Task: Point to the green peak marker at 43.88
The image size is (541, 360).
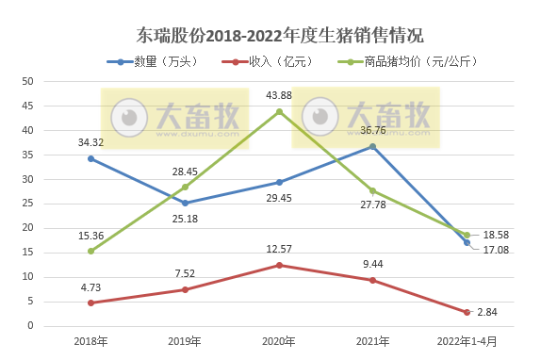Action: (x=279, y=111)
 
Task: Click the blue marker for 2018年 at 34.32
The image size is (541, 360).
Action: (x=90, y=158)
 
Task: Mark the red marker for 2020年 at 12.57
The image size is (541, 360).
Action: (x=279, y=265)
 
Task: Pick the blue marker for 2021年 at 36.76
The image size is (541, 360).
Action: (x=373, y=146)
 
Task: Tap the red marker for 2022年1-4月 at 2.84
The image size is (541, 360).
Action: (x=467, y=312)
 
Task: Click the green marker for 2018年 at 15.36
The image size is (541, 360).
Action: (x=90, y=251)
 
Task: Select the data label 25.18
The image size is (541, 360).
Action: (x=185, y=220)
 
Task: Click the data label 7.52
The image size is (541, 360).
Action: (x=185, y=273)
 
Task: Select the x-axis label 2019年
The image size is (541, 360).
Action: (x=185, y=341)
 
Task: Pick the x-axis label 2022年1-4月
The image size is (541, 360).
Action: (x=467, y=341)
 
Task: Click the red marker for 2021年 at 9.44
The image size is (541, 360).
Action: (x=373, y=280)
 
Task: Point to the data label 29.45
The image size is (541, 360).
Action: (x=279, y=199)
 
